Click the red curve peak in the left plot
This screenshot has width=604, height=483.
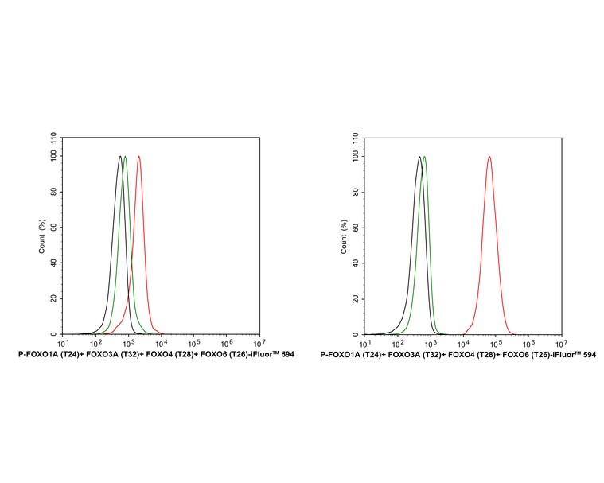139,157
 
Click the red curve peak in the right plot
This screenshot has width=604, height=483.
489,157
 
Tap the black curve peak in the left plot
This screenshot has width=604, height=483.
119,157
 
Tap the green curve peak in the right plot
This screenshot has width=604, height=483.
424,157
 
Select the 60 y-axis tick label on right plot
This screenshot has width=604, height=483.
355,227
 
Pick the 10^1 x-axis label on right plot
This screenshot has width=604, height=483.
364,343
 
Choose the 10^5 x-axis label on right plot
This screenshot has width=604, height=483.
495,343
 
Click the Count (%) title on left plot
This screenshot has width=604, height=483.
42,236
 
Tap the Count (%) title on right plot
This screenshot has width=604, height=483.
344,236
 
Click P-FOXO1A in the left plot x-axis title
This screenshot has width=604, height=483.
38,354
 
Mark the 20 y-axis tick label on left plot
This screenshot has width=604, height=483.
53,298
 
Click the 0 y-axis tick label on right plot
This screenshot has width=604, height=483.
357,334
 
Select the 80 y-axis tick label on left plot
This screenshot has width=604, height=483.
53,192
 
